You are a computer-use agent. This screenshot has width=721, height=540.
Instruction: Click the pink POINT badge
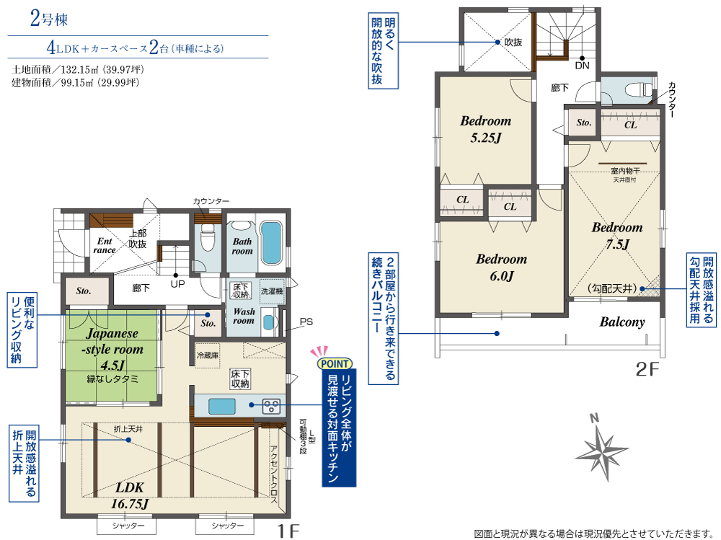tap(335, 364)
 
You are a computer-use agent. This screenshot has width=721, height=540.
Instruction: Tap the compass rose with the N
tap(602, 448)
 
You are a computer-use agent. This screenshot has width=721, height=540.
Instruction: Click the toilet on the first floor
tap(208, 237)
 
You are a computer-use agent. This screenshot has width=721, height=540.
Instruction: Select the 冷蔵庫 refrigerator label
tap(208, 355)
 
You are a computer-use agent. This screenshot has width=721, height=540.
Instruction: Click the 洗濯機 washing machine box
tap(272, 291)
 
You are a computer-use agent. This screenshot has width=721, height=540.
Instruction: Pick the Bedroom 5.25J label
tap(485, 129)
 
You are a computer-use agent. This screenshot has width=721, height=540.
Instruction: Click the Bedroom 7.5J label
tap(617, 236)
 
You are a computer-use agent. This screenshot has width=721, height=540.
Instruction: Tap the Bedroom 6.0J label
tap(501, 267)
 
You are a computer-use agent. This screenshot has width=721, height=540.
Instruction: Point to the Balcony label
tap(622, 322)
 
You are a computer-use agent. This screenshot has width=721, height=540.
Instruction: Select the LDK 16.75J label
tap(130, 495)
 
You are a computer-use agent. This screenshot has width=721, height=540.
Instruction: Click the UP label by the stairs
tap(177, 284)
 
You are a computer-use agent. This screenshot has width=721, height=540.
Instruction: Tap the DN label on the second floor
tap(582, 66)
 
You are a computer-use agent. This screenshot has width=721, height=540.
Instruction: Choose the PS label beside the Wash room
tap(306, 322)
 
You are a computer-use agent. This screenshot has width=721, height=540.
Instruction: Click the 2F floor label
tap(647, 369)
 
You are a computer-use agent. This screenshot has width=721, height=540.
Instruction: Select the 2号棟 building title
tap(49, 19)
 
